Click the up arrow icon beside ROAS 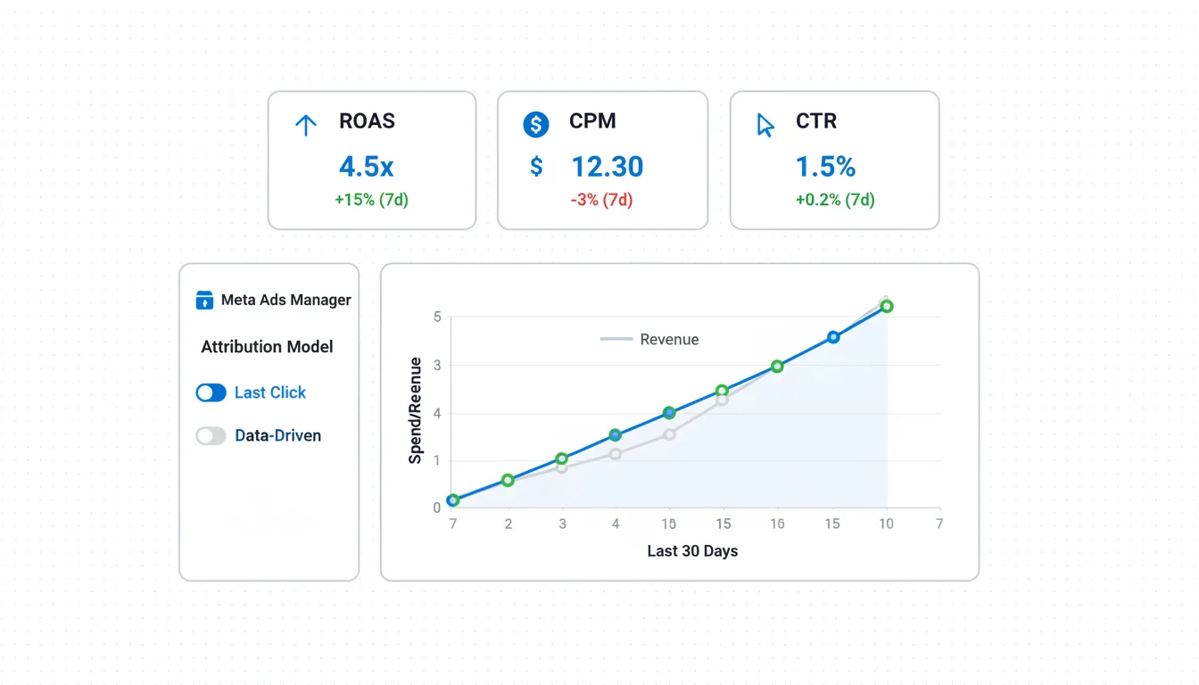click(306, 125)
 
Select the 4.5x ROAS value click(366, 167)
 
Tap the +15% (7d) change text click(371, 200)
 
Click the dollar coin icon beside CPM click(535, 124)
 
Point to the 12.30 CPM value click(607, 167)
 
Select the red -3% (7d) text click(601, 200)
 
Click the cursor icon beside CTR click(765, 125)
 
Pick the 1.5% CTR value click(825, 167)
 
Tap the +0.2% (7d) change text click(835, 200)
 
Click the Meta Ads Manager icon click(204, 300)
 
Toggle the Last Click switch click(211, 392)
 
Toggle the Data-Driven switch click(211, 436)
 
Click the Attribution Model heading click(267, 347)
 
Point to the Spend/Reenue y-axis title click(415, 410)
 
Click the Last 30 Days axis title click(692, 551)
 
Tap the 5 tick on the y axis click(437, 317)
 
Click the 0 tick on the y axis click(437, 508)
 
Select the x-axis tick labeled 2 click(509, 524)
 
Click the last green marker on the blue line click(886, 306)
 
